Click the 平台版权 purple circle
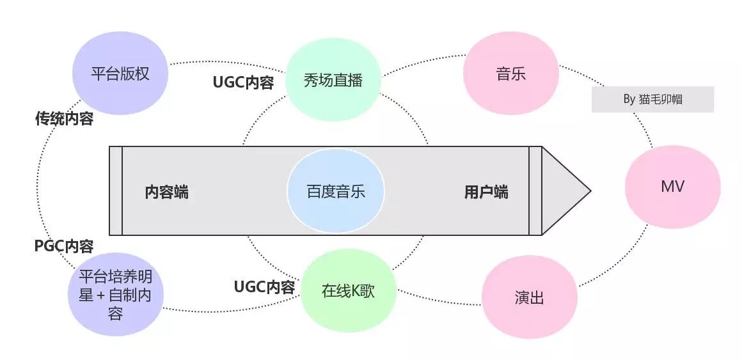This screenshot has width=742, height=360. coord(120,73)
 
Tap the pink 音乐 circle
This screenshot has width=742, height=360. coord(510,74)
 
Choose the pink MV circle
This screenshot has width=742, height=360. coord(672,187)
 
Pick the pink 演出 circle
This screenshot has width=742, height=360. coord(529,297)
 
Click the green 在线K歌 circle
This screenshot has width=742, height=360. coord(348,291)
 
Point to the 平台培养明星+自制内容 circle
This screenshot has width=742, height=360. coord(115,295)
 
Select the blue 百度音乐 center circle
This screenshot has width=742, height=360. coord(335,191)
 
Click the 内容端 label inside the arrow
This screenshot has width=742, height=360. coord(166,192)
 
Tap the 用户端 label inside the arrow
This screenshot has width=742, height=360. coord(486,192)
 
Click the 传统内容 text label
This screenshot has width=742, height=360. coord(64,119)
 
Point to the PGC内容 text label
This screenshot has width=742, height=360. coord(64,246)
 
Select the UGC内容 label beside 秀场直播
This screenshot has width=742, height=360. coord(243,83)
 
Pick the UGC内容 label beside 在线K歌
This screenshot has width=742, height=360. coord(264,287)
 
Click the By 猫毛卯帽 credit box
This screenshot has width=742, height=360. coord(652,100)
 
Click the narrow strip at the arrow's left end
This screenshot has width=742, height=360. coord(115,191)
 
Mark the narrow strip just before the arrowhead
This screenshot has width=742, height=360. coord(535,191)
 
